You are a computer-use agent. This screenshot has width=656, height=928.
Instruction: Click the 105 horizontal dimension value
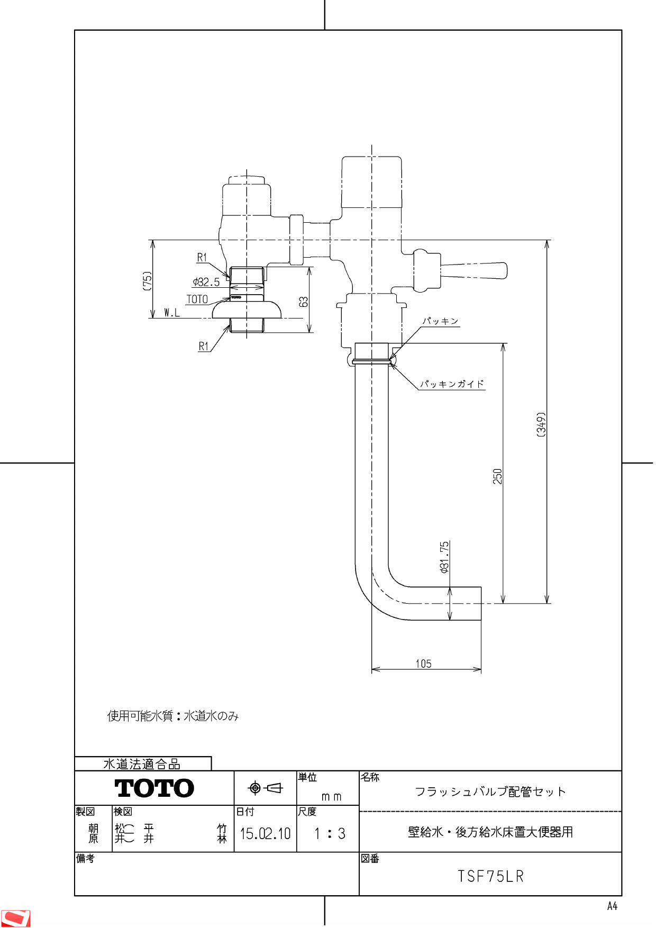click(423, 663)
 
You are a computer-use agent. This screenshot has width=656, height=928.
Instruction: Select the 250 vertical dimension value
click(497, 476)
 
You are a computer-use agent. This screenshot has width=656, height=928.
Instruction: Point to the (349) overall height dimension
click(541, 424)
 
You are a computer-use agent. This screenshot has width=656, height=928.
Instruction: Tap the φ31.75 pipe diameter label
click(444, 557)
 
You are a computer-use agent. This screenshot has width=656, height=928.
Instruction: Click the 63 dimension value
click(303, 302)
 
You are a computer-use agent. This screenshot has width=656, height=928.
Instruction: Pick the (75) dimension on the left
click(147, 281)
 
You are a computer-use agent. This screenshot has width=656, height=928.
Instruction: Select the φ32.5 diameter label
click(206, 282)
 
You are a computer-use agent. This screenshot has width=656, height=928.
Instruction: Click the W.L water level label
click(172, 313)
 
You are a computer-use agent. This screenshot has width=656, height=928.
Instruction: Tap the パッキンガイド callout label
click(452, 384)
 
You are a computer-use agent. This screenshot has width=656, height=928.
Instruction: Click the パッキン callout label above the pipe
click(440, 321)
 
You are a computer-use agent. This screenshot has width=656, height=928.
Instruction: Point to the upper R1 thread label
click(202, 258)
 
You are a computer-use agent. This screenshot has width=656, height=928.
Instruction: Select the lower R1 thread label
click(204, 347)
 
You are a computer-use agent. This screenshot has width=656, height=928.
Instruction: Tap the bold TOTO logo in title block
click(154, 788)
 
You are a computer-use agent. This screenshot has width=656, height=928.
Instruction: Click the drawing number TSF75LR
click(490, 877)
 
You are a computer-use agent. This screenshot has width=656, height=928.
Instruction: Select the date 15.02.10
click(265, 834)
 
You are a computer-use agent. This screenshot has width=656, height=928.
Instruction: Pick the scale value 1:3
click(329, 834)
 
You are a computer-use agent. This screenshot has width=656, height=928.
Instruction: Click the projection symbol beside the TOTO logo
click(266, 788)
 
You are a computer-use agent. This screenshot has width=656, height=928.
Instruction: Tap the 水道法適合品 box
click(142, 764)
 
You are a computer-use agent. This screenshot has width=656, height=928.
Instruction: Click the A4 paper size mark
click(612, 906)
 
